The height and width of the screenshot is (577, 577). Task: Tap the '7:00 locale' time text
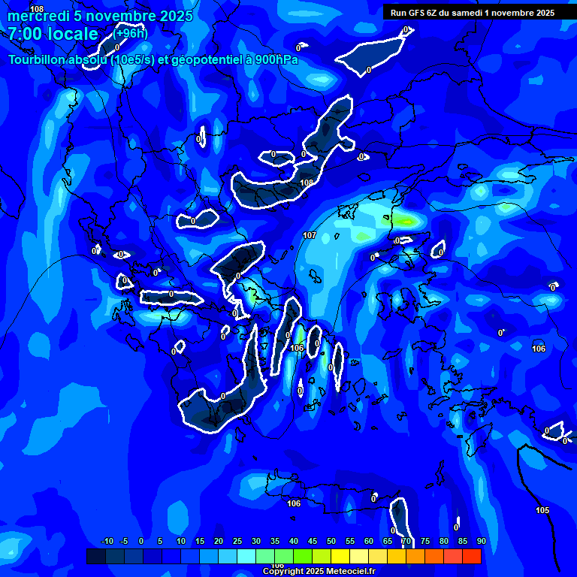(x=53, y=34)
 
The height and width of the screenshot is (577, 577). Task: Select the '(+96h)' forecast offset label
(x=131, y=32)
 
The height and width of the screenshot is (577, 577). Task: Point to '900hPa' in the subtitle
(x=276, y=60)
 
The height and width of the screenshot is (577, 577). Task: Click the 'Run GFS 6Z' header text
(x=416, y=12)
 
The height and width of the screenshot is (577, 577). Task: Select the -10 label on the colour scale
(x=107, y=541)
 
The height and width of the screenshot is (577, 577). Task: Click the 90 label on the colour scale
(x=481, y=541)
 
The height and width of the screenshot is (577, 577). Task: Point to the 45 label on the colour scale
(x=313, y=541)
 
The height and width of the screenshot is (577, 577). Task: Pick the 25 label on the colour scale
(x=237, y=541)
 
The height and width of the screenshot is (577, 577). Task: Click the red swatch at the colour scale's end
(x=471, y=556)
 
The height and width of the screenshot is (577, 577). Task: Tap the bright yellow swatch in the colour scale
(x=340, y=556)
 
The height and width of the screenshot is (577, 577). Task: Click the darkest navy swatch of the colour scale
(x=95, y=556)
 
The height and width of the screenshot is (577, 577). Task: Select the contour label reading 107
(x=310, y=235)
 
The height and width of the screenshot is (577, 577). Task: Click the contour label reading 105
(x=542, y=510)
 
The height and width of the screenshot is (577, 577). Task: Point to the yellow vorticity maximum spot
(x=406, y=221)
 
